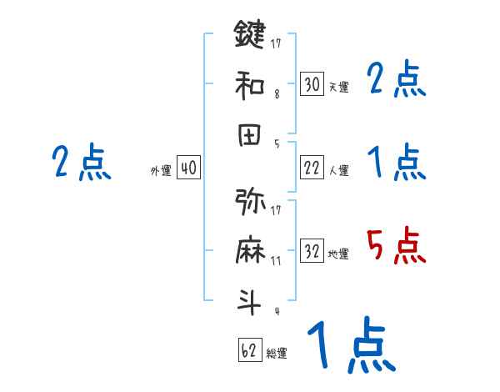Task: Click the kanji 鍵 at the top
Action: pyautogui.click(x=250, y=36)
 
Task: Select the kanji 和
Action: pyautogui.click(x=250, y=84)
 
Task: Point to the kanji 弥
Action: pyautogui.click(x=250, y=203)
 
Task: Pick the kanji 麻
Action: pyautogui.click(x=250, y=253)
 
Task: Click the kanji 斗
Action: pyautogui.click(x=250, y=303)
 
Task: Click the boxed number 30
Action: pyautogui.click(x=312, y=84)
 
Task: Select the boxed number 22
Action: pyautogui.click(x=312, y=168)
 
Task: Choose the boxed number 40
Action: pyautogui.click(x=188, y=168)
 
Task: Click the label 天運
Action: pyautogui.click(x=338, y=87)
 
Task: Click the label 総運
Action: pyautogui.click(x=277, y=353)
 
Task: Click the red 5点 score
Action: pyautogui.click(x=397, y=247)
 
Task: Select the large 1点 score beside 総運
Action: pyautogui.click(x=350, y=346)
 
